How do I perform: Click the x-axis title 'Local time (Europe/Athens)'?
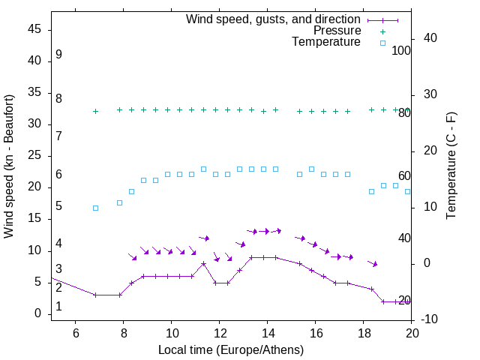231,350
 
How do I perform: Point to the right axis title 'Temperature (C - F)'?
451,166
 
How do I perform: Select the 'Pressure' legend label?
337,31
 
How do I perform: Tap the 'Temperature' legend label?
326,43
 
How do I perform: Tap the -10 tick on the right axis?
430,320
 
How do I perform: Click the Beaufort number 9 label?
58,55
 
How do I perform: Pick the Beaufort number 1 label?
58,307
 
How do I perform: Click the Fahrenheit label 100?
401,50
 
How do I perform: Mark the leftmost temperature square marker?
95,208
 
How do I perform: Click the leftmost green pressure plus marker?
95,111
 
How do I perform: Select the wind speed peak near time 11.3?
203,263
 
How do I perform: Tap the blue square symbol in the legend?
382,43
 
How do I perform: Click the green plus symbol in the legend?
382,31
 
